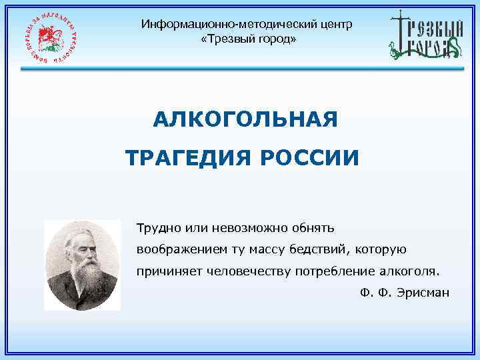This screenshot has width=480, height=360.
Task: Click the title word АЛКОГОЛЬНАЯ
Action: click(x=245, y=120)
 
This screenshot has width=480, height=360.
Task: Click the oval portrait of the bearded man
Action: click(x=82, y=265)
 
